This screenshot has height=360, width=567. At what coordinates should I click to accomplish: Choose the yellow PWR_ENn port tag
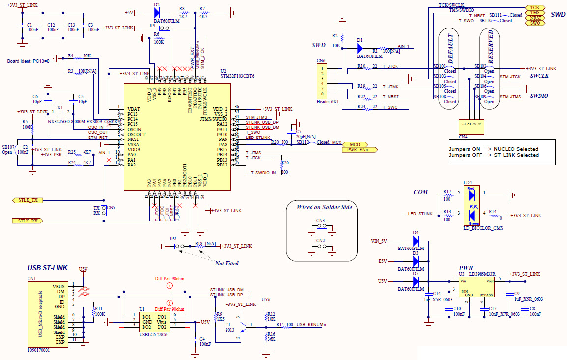click(358, 150)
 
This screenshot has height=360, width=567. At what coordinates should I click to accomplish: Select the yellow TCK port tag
click(534, 8)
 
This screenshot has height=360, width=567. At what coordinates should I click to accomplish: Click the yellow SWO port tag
click(534, 23)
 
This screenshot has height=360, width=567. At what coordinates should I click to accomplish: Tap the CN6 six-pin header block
click(322, 81)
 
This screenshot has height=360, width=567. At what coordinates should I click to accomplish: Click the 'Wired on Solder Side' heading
click(324, 207)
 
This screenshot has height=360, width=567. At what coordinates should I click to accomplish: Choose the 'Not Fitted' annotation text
click(227, 263)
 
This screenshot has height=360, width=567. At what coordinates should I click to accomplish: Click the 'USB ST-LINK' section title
click(47, 268)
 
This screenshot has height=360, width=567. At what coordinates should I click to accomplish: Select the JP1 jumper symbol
click(165, 28)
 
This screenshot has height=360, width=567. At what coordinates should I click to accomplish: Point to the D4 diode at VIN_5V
click(416, 241)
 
